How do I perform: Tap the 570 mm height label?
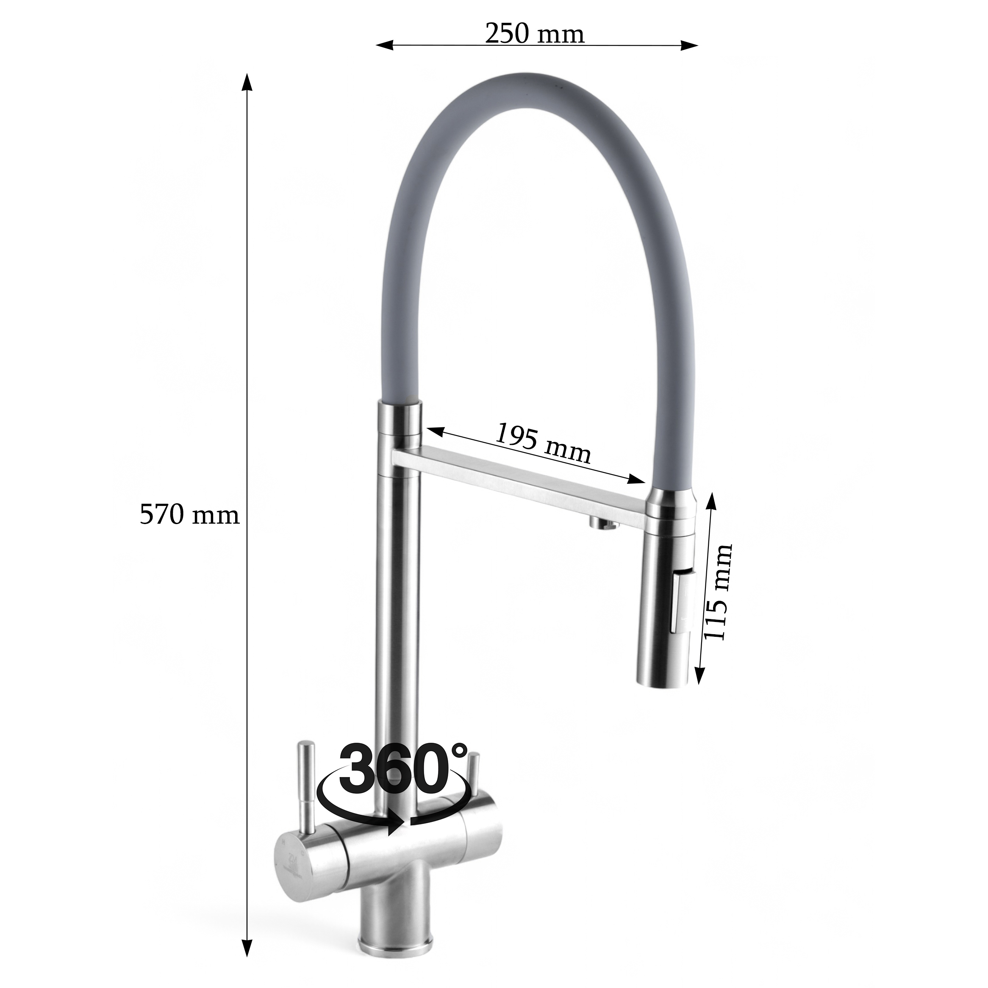(190, 515)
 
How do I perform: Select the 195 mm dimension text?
(543, 442)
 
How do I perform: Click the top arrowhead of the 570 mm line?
(247, 82)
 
